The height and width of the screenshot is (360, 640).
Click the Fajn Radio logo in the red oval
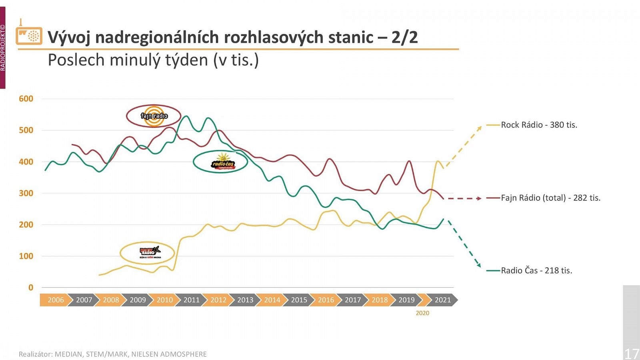pos(154,116)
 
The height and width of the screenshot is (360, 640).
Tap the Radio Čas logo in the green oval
pos(222,162)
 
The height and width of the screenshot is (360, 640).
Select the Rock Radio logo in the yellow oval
pos(149,252)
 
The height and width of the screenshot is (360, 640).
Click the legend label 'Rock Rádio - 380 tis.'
pos(539,125)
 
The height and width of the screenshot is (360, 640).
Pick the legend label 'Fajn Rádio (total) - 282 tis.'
pos(550,198)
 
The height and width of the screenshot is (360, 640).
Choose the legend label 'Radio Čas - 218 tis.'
pos(536,270)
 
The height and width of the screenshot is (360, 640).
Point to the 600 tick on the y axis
pos(26,99)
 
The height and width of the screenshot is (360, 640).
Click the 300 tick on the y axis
pos(26,193)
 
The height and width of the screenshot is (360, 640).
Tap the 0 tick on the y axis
pos(31,288)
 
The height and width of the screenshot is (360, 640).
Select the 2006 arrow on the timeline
pos(56,300)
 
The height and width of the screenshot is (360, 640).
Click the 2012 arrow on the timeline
pos(218,300)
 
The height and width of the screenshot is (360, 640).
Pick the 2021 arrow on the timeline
pos(442,300)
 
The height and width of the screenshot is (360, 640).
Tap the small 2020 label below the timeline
pos(422,313)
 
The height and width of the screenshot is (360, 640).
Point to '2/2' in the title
pos(404,37)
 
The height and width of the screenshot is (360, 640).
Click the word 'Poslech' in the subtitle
pos(76,60)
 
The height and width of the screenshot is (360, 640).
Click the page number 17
pos(632,354)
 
